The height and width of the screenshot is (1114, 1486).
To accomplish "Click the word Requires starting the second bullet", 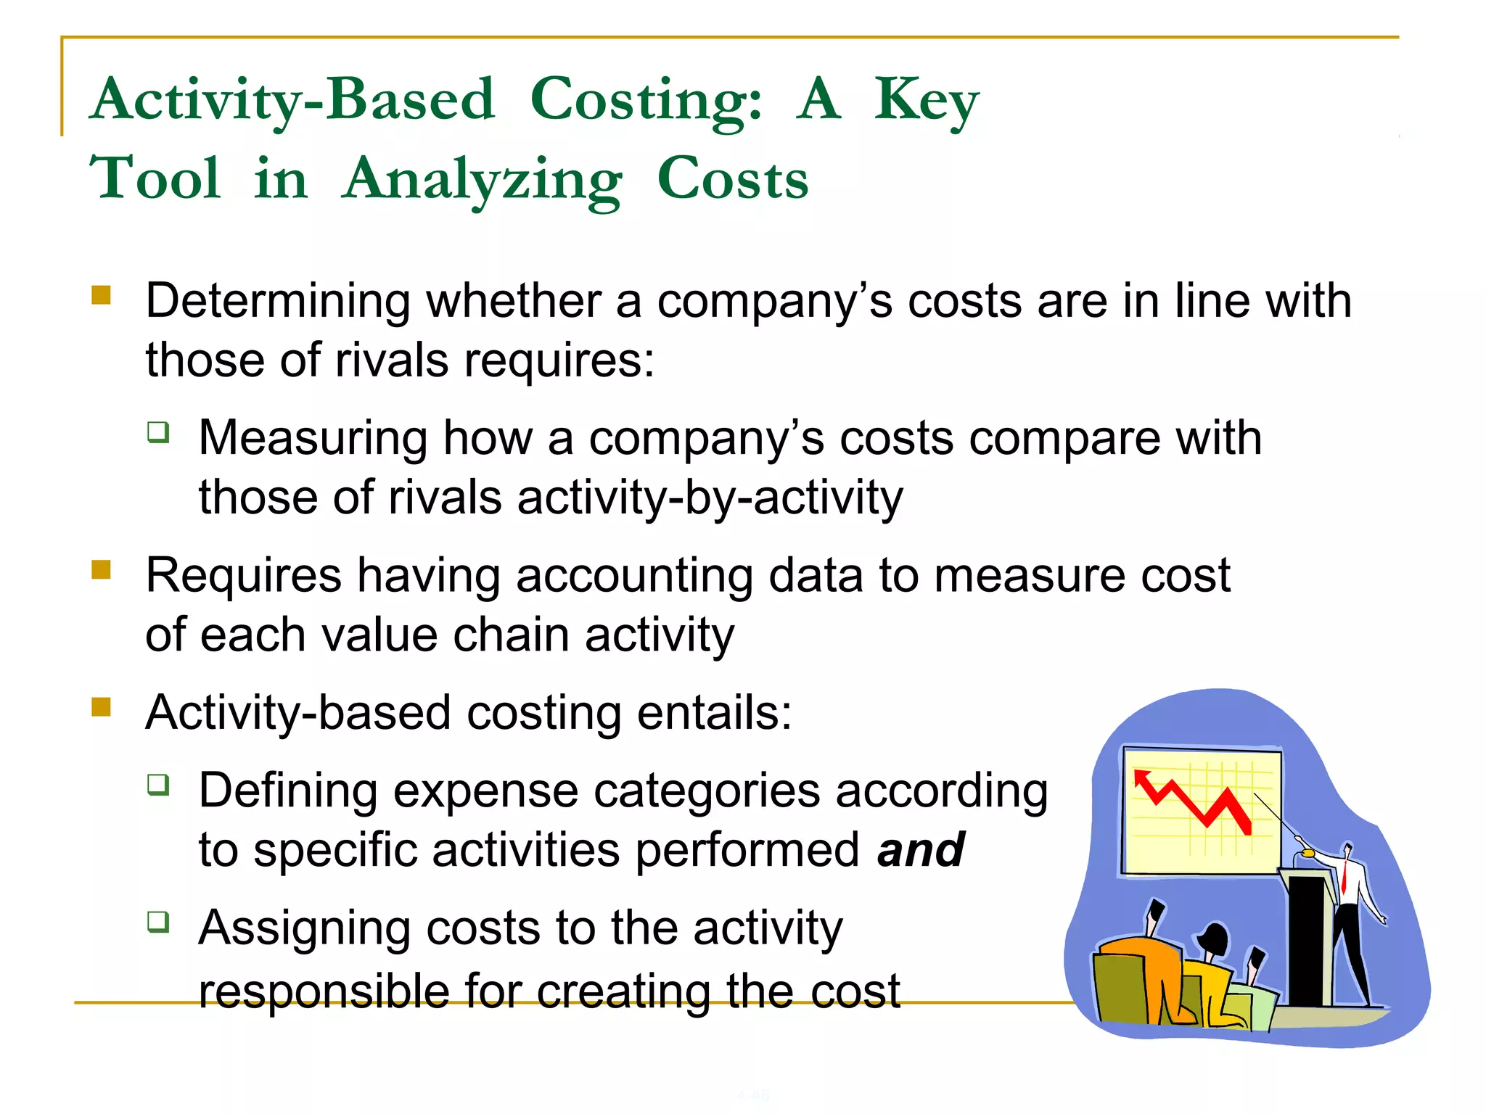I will click(x=243, y=576).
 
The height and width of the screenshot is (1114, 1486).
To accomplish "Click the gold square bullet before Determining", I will click(x=101, y=295).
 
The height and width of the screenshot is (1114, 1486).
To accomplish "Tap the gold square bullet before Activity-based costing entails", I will click(x=101, y=706).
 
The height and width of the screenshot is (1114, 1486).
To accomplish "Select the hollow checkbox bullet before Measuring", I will click(x=158, y=432).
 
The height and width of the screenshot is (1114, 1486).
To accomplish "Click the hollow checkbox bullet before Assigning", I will click(x=158, y=922).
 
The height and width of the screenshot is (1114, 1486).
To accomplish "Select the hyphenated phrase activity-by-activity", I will click(x=710, y=498).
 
